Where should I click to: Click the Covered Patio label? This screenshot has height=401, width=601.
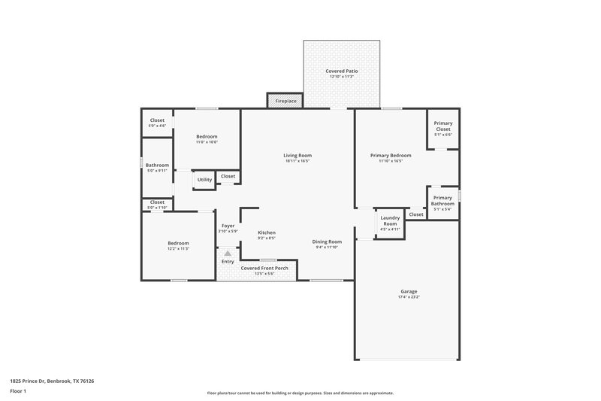[341, 71]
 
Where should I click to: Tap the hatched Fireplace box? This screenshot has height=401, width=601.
[285, 100]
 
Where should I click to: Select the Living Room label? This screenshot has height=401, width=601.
[297, 156]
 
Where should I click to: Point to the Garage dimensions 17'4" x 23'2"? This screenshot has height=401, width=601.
[409, 297]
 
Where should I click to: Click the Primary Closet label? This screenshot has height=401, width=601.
[443, 126]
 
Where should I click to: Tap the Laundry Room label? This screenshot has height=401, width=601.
[390, 220]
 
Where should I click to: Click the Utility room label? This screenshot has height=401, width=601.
[204, 180]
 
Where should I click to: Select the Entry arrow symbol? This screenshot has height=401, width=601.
[227, 254]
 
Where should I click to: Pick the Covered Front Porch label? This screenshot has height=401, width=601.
[264, 268]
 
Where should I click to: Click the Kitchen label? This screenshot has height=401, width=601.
[267, 232]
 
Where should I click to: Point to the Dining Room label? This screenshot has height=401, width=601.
[327, 242]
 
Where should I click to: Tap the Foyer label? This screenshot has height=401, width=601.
[228, 226]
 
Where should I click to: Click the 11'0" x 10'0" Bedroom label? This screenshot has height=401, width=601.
[207, 136]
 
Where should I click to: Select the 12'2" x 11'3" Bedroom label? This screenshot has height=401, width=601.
[178, 243]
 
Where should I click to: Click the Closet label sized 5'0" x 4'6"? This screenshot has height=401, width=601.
[157, 120]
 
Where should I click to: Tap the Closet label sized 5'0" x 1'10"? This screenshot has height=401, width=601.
[157, 202]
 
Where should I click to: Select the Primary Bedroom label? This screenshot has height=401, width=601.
[390, 156]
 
